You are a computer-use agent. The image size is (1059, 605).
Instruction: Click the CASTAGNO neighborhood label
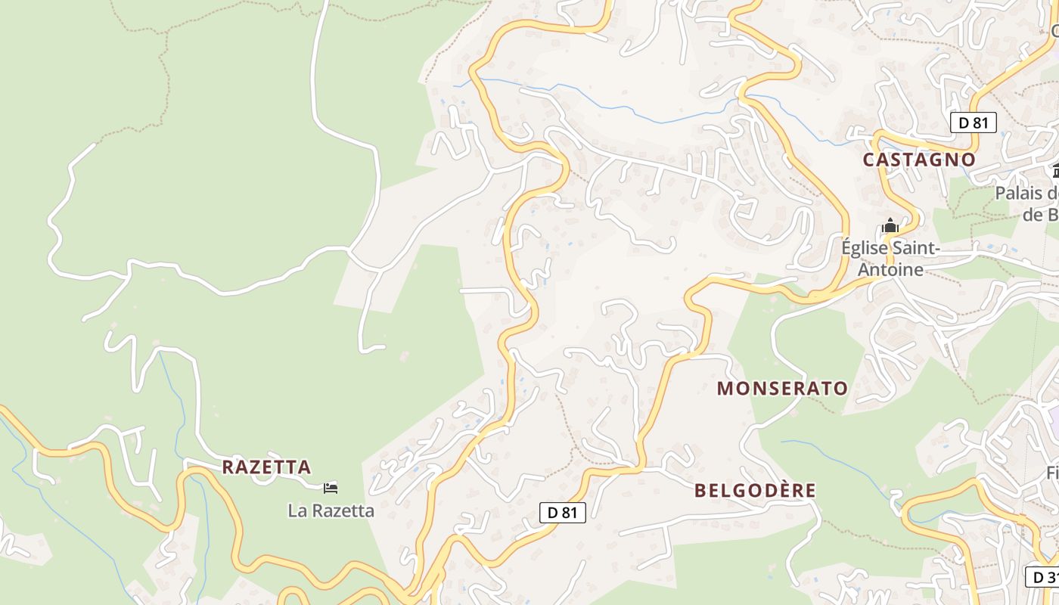919,160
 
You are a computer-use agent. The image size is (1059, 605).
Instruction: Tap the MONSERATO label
782,389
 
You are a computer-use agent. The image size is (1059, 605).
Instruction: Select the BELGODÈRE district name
755,490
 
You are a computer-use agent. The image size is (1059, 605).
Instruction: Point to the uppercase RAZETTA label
266,467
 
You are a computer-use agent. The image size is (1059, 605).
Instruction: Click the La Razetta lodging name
331,510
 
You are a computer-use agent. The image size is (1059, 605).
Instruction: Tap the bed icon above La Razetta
330,488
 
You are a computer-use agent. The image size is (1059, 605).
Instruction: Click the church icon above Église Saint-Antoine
890,225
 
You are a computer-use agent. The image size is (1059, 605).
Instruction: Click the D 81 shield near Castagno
973,123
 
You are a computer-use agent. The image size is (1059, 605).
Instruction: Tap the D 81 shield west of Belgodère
563,512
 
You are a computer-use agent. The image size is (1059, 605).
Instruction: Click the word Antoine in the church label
890,269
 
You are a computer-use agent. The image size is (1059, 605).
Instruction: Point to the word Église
865,248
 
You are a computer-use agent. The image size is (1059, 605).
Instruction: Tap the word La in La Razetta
297,510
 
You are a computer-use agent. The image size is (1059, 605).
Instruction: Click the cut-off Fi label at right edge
1051,473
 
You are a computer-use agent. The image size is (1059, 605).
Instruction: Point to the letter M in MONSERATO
725,389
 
